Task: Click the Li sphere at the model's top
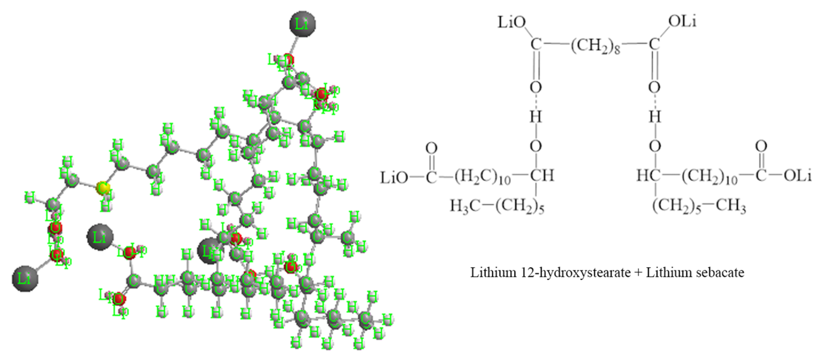coord(302,24)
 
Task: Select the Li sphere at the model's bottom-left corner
coord(25,278)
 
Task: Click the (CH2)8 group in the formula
coord(595,46)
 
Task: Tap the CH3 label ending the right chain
coord(731,206)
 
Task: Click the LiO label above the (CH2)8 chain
coord(512,22)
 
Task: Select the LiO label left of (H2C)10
coord(394,177)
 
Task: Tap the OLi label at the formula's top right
coord(682,22)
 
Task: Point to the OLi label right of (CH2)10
coord(798,176)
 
